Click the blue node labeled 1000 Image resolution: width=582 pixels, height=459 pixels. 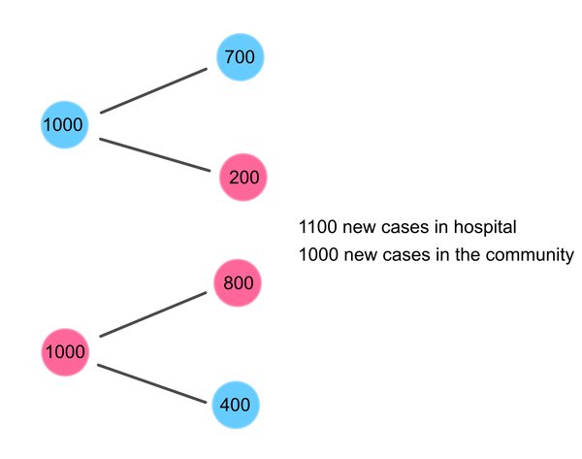64,125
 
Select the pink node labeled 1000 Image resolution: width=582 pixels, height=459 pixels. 65,351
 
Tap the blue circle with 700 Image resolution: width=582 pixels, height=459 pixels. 240,57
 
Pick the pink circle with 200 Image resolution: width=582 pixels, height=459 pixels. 242,178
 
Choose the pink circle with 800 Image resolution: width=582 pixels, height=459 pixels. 238,283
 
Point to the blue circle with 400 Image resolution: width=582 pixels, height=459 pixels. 237,404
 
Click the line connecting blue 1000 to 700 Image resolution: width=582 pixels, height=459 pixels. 153,90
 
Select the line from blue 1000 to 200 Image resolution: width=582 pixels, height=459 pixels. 155,154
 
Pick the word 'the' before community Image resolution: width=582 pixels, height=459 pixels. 467,255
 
